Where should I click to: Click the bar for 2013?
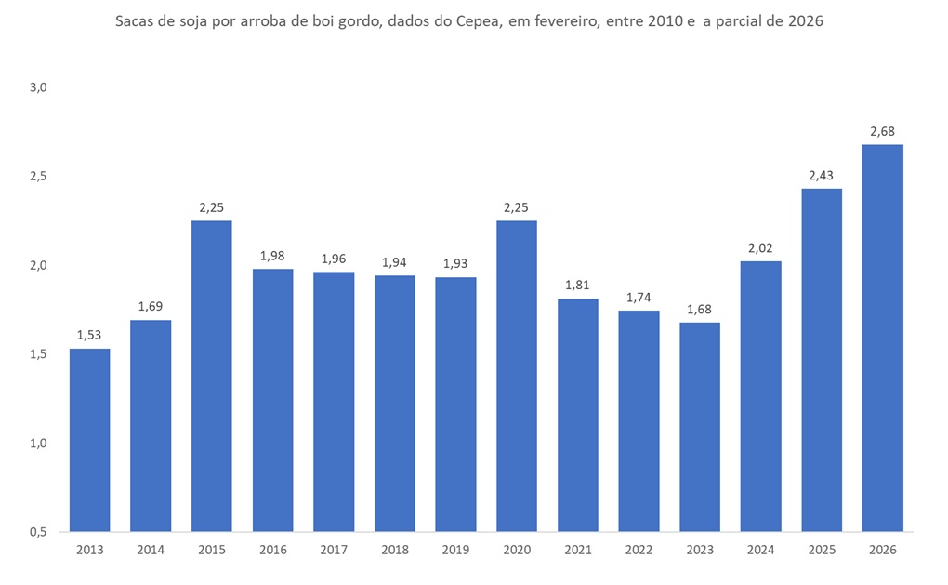(x=89, y=440)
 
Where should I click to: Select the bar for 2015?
(x=211, y=376)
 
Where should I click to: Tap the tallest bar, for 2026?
(x=882, y=338)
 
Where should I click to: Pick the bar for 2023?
(x=699, y=427)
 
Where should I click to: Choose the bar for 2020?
(x=516, y=376)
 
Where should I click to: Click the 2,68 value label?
(x=882, y=131)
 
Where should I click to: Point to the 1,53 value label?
(x=89, y=335)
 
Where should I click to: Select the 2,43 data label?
(x=822, y=176)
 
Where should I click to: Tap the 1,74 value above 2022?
(x=639, y=298)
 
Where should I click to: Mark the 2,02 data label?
(x=760, y=248)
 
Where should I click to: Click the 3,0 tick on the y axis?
(x=38, y=87)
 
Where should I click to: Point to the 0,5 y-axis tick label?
(x=38, y=532)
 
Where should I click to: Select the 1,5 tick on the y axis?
(x=38, y=354)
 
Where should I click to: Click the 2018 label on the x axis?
(x=394, y=550)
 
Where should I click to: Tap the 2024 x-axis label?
(x=760, y=550)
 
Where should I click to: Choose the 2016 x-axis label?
(x=272, y=550)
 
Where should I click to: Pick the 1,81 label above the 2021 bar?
(x=577, y=286)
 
